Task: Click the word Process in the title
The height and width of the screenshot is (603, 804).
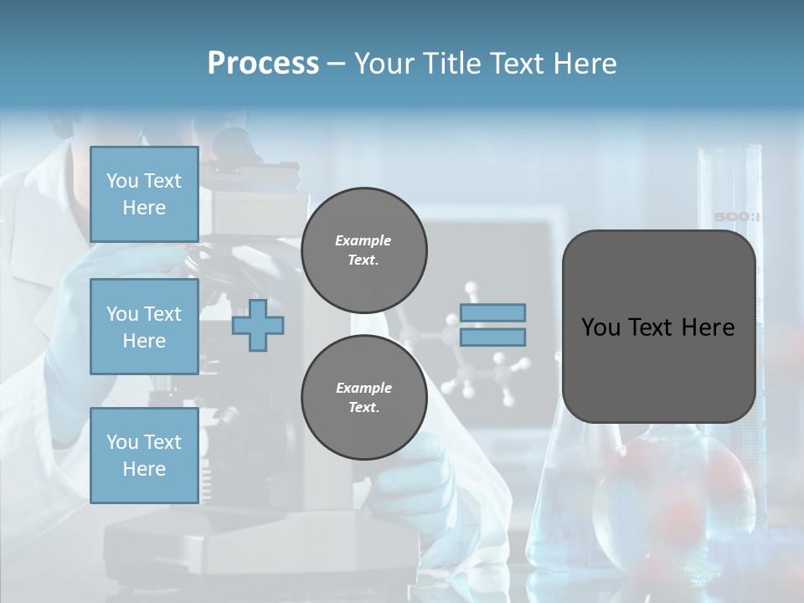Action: pyautogui.click(x=263, y=64)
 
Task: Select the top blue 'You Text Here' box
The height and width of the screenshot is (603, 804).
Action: pyautogui.click(x=144, y=194)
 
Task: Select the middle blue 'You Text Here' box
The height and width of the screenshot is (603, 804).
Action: pyautogui.click(x=144, y=327)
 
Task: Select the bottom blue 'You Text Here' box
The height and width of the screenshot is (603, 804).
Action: pyautogui.click(x=144, y=456)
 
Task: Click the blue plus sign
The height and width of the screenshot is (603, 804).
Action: pyautogui.click(x=258, y=324)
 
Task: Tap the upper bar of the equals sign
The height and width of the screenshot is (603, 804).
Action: pyautogui.click(x=492, y=312)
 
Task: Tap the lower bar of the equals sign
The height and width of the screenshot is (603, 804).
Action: pyautogui.click(x=492, y=338)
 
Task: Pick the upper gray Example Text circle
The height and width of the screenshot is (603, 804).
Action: pyautogui.click(x=363, y=250)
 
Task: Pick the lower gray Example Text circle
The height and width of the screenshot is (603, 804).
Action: pyautogui.click(x=363, y=397)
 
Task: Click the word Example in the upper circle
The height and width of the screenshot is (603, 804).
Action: pyautogui.click(x=363, y=240)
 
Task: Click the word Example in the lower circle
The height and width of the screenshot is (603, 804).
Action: pyautogui.click(x=363, y=388)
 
